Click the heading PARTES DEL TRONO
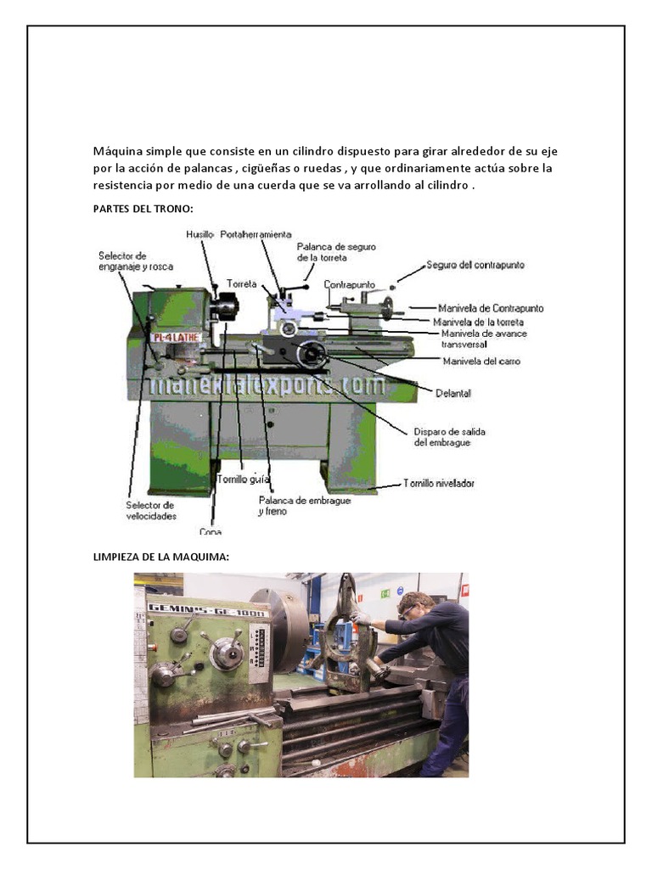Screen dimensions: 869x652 coord(143,208)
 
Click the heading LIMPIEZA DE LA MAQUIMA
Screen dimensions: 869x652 coord(160,557)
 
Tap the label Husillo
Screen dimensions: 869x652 coord(200,234)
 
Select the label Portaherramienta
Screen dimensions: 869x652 coord(256,234)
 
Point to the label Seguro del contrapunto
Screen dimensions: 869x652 coord(475,265)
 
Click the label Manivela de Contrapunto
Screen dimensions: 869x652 coord(491,308)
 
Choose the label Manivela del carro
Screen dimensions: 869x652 coord(481,362)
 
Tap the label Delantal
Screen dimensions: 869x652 coord(453,394)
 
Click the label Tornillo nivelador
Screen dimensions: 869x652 coord(438,483)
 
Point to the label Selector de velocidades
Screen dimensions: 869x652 coord(151,510)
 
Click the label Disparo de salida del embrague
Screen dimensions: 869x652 coord(450,436)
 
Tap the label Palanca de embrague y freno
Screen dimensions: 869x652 coord(292,506)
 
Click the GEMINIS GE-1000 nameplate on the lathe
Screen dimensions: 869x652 coord(207,610)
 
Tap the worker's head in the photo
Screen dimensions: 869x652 coord(413,604)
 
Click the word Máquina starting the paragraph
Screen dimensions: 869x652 coord(117,151)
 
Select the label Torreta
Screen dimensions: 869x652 coord(241,283)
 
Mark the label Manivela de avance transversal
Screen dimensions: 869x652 coord(484,339)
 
